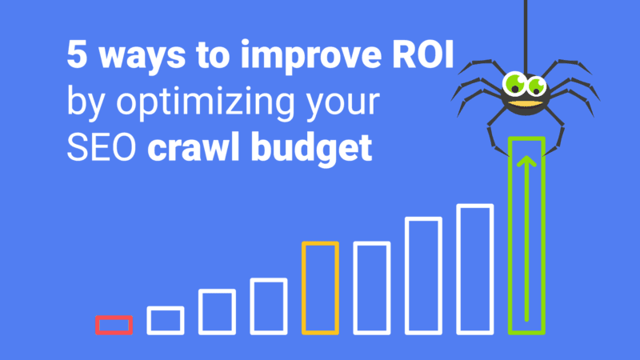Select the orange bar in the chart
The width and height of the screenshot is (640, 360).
[x=304, y=288]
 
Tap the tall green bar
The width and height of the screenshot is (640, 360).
[x=510, y=235]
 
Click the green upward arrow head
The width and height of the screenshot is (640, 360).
[x=526, y=162]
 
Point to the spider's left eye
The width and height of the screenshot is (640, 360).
[x=514, y=83]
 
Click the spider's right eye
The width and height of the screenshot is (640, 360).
[x=536, y=86]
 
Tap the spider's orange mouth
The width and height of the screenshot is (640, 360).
[x=526, y=104]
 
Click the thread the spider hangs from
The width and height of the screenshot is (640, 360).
[x=526, y=37]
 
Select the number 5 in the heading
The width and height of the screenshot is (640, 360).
[x=77, y=54]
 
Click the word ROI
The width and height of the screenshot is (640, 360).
[x=423, y=54]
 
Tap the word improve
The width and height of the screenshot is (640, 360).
[x=311, y=56]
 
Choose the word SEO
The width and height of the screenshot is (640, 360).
[x=102, y=147]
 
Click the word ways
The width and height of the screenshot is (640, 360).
[x=142, y=58]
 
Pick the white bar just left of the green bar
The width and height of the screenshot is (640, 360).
[x=458, y=270]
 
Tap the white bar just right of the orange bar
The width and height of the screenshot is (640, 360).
[x=355, y=288]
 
